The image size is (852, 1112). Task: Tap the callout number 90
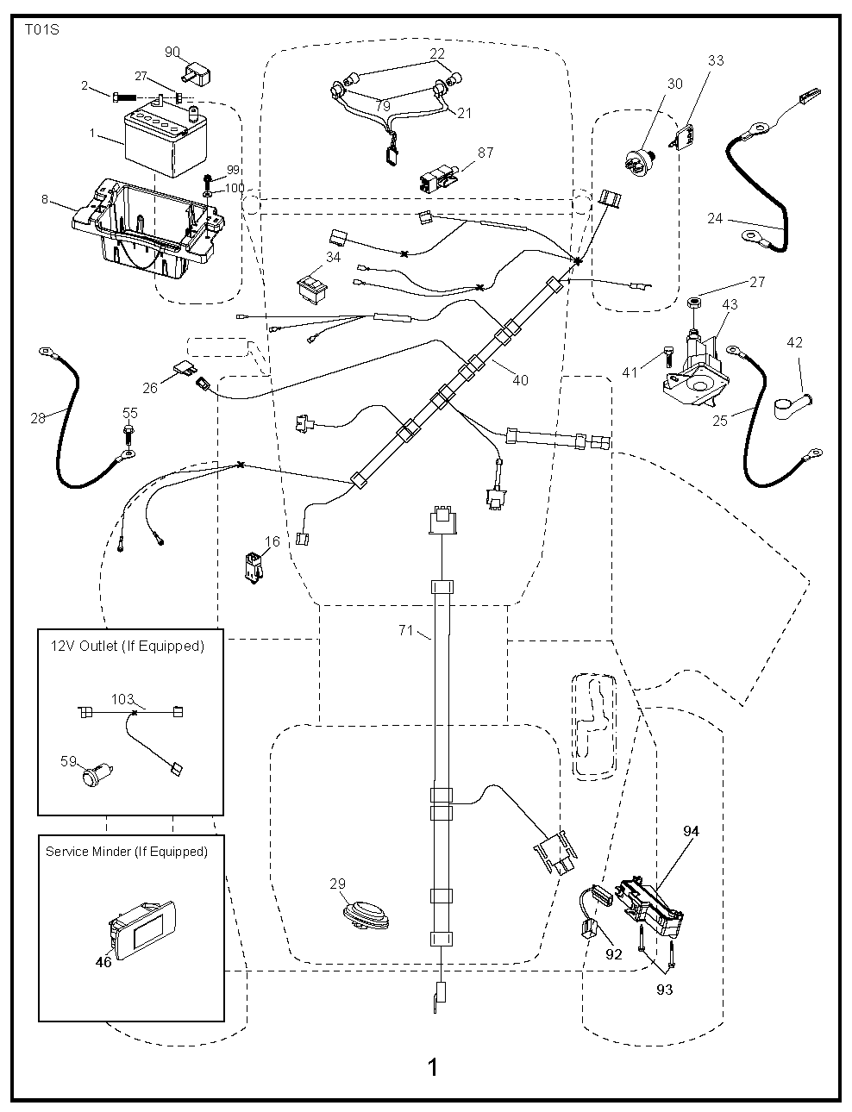pos(172,52)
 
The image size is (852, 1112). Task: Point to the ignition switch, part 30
pos(642,160)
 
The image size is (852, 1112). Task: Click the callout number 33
pos(716,60)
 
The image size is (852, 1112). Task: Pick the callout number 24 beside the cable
pos(715,218)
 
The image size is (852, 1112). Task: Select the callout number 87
pos(486,153)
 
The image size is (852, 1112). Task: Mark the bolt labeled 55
pos(128,431)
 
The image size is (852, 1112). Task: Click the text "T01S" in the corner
pos(41,28)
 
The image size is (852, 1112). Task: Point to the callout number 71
pos(406,631)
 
